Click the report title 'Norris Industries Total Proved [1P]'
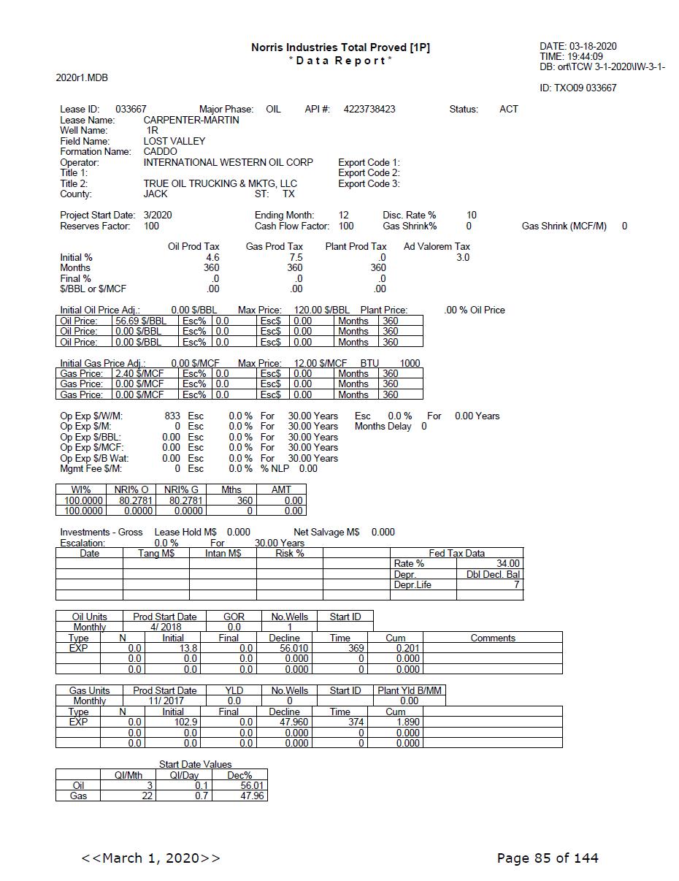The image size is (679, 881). [x=340, y=47]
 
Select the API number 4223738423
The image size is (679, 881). [x=369, y=109]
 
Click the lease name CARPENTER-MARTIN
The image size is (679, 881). [x=191, y=120]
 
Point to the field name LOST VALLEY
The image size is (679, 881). [x=174, y=141]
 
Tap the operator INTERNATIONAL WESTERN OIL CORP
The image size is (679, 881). [x=228, y=162]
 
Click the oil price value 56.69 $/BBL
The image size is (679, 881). [x=140, y=321]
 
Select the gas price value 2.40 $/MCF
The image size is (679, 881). [x=139, y=373]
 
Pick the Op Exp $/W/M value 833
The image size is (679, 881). [x=172, y=416]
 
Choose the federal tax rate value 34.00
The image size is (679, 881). [x=507, y=564]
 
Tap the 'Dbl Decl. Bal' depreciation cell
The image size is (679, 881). [x=493, y=574]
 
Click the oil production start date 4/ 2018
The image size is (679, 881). [x=165, y=627]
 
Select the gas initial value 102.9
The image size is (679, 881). [x=173, y=722]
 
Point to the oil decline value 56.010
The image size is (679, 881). [x=284, y=648]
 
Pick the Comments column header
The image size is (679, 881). [x=493, y=638]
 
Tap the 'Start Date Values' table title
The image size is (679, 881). [x=195, y=764]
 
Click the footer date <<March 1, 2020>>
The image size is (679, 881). [x=150, y=858]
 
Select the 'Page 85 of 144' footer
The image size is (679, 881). [x=547, y=858]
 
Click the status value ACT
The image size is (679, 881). [x=508, y=109]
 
